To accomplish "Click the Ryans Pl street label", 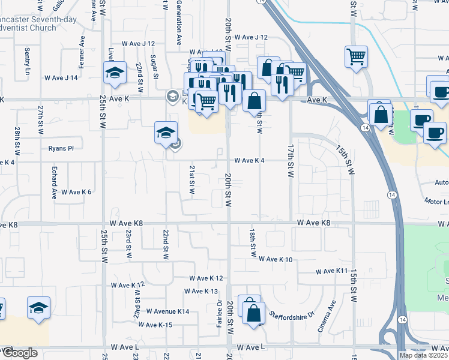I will coord(61,148).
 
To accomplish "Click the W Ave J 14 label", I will coord(62,77).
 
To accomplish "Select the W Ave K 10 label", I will coord(276,259).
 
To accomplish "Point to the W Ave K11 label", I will coord(332,271).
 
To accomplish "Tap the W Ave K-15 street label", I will coord(155,325).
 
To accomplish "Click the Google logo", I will coord(20,353).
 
